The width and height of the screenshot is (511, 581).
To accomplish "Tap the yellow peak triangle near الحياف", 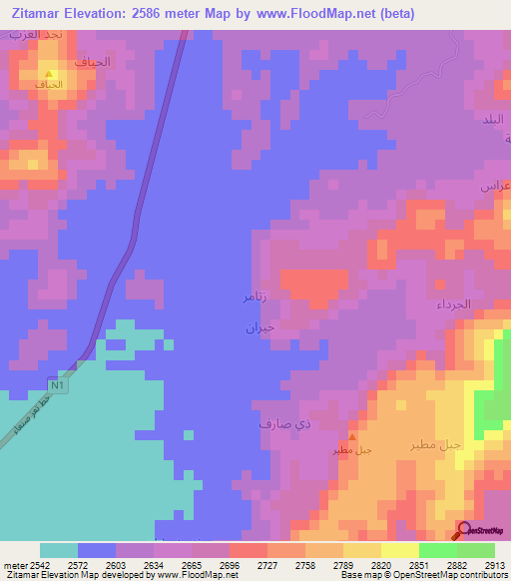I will pos(49,73).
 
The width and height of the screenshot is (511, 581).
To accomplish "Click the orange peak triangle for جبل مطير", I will pos(350,437).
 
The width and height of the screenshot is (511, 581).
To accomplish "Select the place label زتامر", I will pos(255,297).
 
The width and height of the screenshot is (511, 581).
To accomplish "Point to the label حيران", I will pos(259,326).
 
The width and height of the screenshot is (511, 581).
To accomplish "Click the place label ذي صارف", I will pos(278,424).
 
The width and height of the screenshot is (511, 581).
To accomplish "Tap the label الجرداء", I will pos(480,303).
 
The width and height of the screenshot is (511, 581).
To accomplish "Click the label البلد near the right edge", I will pos(495,119).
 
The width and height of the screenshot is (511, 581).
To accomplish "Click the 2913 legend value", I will pos(495,566).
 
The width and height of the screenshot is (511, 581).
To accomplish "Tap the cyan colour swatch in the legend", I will pos(59,550).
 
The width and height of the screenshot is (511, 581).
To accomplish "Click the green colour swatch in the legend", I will pos(438,550).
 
